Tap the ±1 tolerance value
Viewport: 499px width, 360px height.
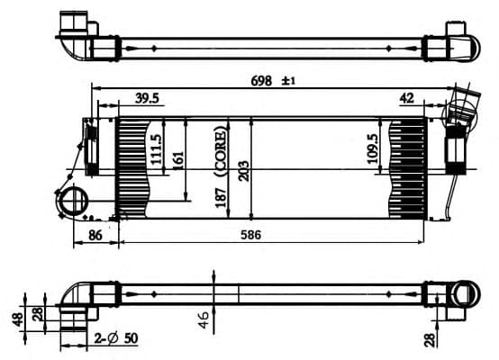click(x=289, y=81)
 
